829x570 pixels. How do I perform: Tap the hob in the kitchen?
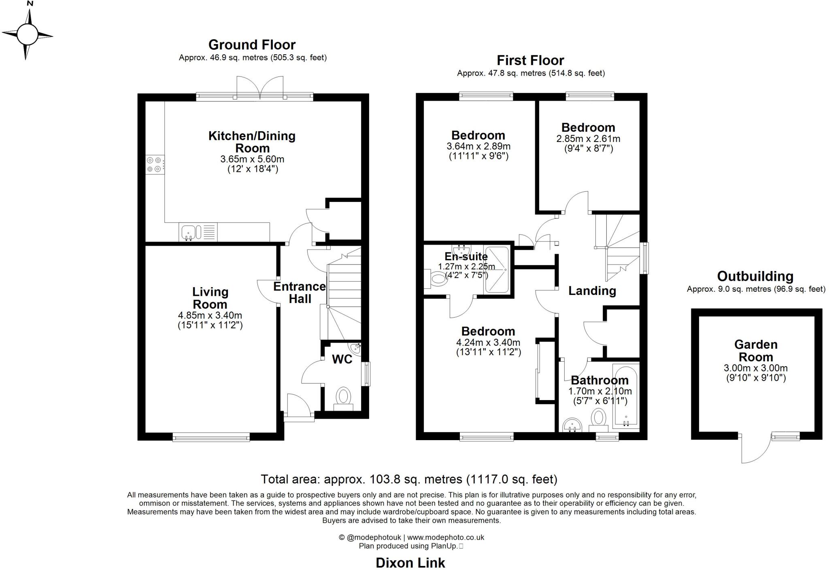[155, 165]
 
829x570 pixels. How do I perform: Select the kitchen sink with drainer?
[198, 233]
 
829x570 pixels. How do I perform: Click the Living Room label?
[210, 298]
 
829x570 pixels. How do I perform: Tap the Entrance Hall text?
[300, 292]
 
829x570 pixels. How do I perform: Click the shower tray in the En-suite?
[496, 270]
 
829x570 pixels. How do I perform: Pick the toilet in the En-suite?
[435, 278]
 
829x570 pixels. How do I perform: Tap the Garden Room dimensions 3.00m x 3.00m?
[755, 368]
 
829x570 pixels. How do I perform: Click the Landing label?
[592, 290]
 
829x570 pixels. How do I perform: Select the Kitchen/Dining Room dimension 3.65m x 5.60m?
[252, 159]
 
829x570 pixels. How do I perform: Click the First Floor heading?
[530, 60]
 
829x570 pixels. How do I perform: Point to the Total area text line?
[409, 479]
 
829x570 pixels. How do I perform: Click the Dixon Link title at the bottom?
[410, 562]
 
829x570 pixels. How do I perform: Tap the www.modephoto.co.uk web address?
[445, 537]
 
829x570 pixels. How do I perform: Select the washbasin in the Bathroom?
[572, 425]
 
